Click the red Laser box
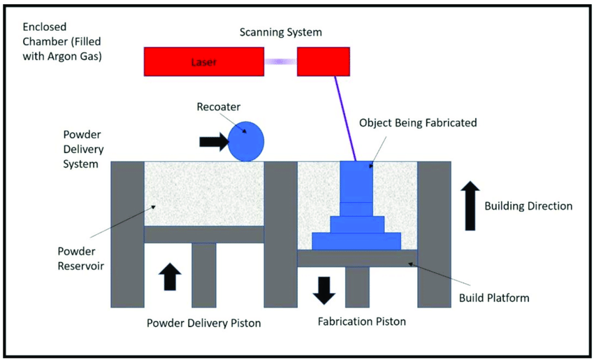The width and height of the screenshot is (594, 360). pos(203,62)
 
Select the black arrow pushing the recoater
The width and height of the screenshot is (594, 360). pos(213,142)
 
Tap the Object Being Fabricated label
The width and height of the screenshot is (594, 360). pos(418,122)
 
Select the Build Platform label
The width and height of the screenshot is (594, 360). pos(494,298)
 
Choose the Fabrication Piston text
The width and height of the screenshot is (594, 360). pos(361,322)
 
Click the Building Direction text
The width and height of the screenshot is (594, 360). pos(528,206)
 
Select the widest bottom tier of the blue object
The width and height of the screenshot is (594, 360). pos(356,241)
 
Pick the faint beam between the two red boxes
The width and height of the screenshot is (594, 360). pos(281,62)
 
